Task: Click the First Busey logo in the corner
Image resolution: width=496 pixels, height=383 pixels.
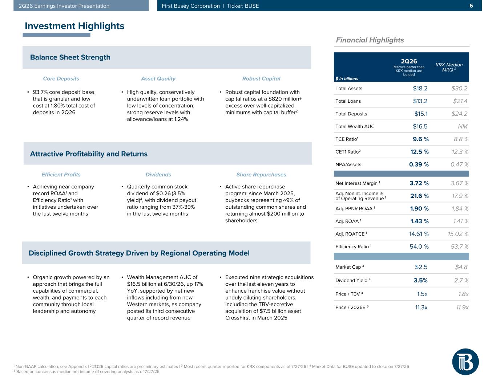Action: (465, 362)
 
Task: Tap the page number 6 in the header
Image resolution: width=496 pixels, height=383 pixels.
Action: (471, 6)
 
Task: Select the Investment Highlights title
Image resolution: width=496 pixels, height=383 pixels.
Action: (74, 26)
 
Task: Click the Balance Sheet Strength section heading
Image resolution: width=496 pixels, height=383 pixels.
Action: (70, 57)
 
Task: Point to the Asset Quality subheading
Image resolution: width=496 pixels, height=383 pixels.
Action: (158, 79)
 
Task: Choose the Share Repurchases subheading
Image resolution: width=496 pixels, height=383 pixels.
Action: (261, 175)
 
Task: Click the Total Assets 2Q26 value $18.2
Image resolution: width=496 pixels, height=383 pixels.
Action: (420, 89)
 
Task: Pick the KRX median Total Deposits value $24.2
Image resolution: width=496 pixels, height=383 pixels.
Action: (459, 114)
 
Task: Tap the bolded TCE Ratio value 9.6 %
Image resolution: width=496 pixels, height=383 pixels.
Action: (420, 139)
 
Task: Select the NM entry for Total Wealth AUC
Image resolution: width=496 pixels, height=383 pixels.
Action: (463, 127)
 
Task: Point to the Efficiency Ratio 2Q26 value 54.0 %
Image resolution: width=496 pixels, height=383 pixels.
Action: (419, 246)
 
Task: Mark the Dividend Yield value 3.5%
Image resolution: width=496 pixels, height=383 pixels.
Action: (420, 280)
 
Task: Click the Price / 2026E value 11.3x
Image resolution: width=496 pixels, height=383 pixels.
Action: (421, 307)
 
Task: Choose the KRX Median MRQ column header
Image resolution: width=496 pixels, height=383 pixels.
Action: (449, 67)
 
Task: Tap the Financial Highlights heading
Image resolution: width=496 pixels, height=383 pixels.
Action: (370, 40)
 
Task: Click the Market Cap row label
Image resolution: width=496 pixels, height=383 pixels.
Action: (350, 267)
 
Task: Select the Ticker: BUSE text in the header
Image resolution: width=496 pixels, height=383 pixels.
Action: (243, 6)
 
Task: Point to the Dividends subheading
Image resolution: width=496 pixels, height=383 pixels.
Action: (158, 175)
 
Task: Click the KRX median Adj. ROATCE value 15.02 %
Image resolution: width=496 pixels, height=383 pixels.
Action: (458, 234)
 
